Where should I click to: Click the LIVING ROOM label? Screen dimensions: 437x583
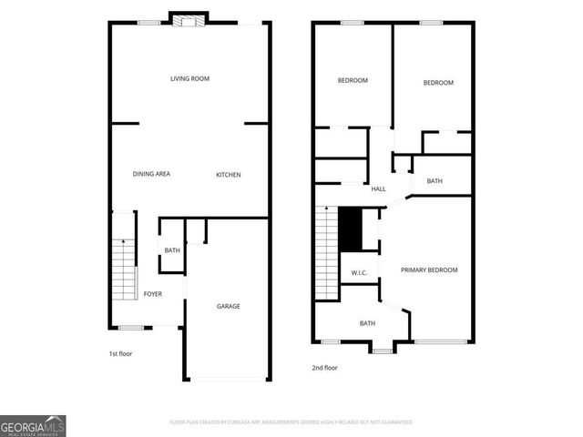pos(189,79)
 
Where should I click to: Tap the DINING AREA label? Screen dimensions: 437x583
pos(151,174)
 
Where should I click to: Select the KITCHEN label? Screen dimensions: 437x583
pos(228,175)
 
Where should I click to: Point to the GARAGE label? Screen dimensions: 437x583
pos(228,306)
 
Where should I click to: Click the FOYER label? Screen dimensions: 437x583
pos(153,294)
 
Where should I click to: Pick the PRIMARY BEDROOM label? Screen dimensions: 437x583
pos(429,270)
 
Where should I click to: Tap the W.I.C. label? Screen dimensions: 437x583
pos(359,273)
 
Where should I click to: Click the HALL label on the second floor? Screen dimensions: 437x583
pos(378,189)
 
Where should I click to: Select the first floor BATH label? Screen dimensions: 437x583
pos(171,251)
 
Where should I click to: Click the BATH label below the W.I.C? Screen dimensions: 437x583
pos(367,323)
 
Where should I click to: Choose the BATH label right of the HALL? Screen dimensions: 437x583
pos(435,181)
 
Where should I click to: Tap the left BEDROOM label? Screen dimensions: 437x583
pos(353,80)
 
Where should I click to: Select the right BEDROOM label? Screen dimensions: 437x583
pos(438,83)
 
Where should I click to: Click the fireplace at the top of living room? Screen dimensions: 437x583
pos(189,22)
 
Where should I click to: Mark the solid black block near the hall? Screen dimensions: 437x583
pos(351,230)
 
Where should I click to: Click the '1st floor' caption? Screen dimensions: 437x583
pos(119,353)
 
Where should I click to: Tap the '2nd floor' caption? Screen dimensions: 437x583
pos(324,368)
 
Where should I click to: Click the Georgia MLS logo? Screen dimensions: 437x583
pos(33,425)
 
